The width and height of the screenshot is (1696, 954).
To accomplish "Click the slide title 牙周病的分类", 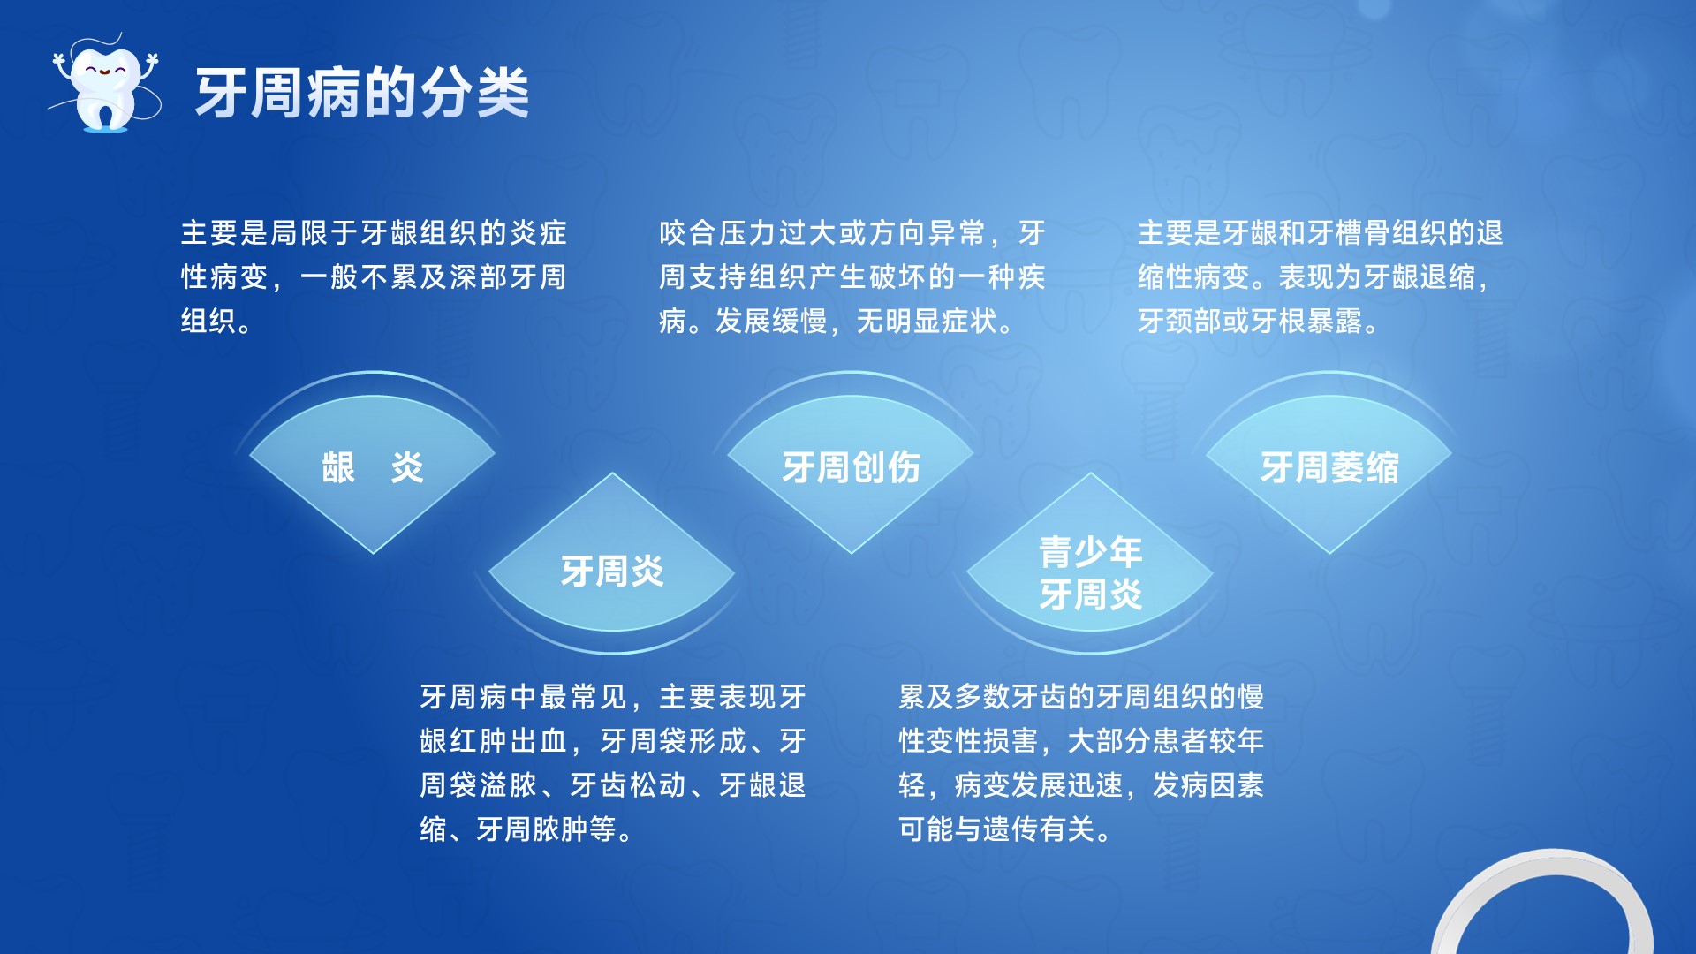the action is (362, 93).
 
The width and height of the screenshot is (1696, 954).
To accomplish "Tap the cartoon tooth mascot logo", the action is (105, 84).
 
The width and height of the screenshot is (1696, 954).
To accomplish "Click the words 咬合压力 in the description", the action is (718, 233).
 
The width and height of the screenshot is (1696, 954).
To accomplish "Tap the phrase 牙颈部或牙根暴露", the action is (1250, 322).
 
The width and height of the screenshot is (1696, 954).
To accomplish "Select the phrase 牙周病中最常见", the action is (524, 697).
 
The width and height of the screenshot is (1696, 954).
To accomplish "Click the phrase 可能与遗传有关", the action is (997, 829).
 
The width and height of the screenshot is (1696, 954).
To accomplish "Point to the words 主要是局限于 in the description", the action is (270, 233).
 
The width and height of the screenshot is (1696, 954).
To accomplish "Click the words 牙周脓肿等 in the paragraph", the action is (547, 829).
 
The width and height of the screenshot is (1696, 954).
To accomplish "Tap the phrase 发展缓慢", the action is (771, 322).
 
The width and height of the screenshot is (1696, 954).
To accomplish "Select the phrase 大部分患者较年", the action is (1166, 741).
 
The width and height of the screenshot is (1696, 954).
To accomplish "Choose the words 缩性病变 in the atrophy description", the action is (1193, 277).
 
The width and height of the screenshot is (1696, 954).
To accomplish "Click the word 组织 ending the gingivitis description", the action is (209, 322).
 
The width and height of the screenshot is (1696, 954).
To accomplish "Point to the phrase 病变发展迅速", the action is (1039, 785).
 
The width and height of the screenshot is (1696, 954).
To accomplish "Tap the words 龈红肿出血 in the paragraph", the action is (494, 741).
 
